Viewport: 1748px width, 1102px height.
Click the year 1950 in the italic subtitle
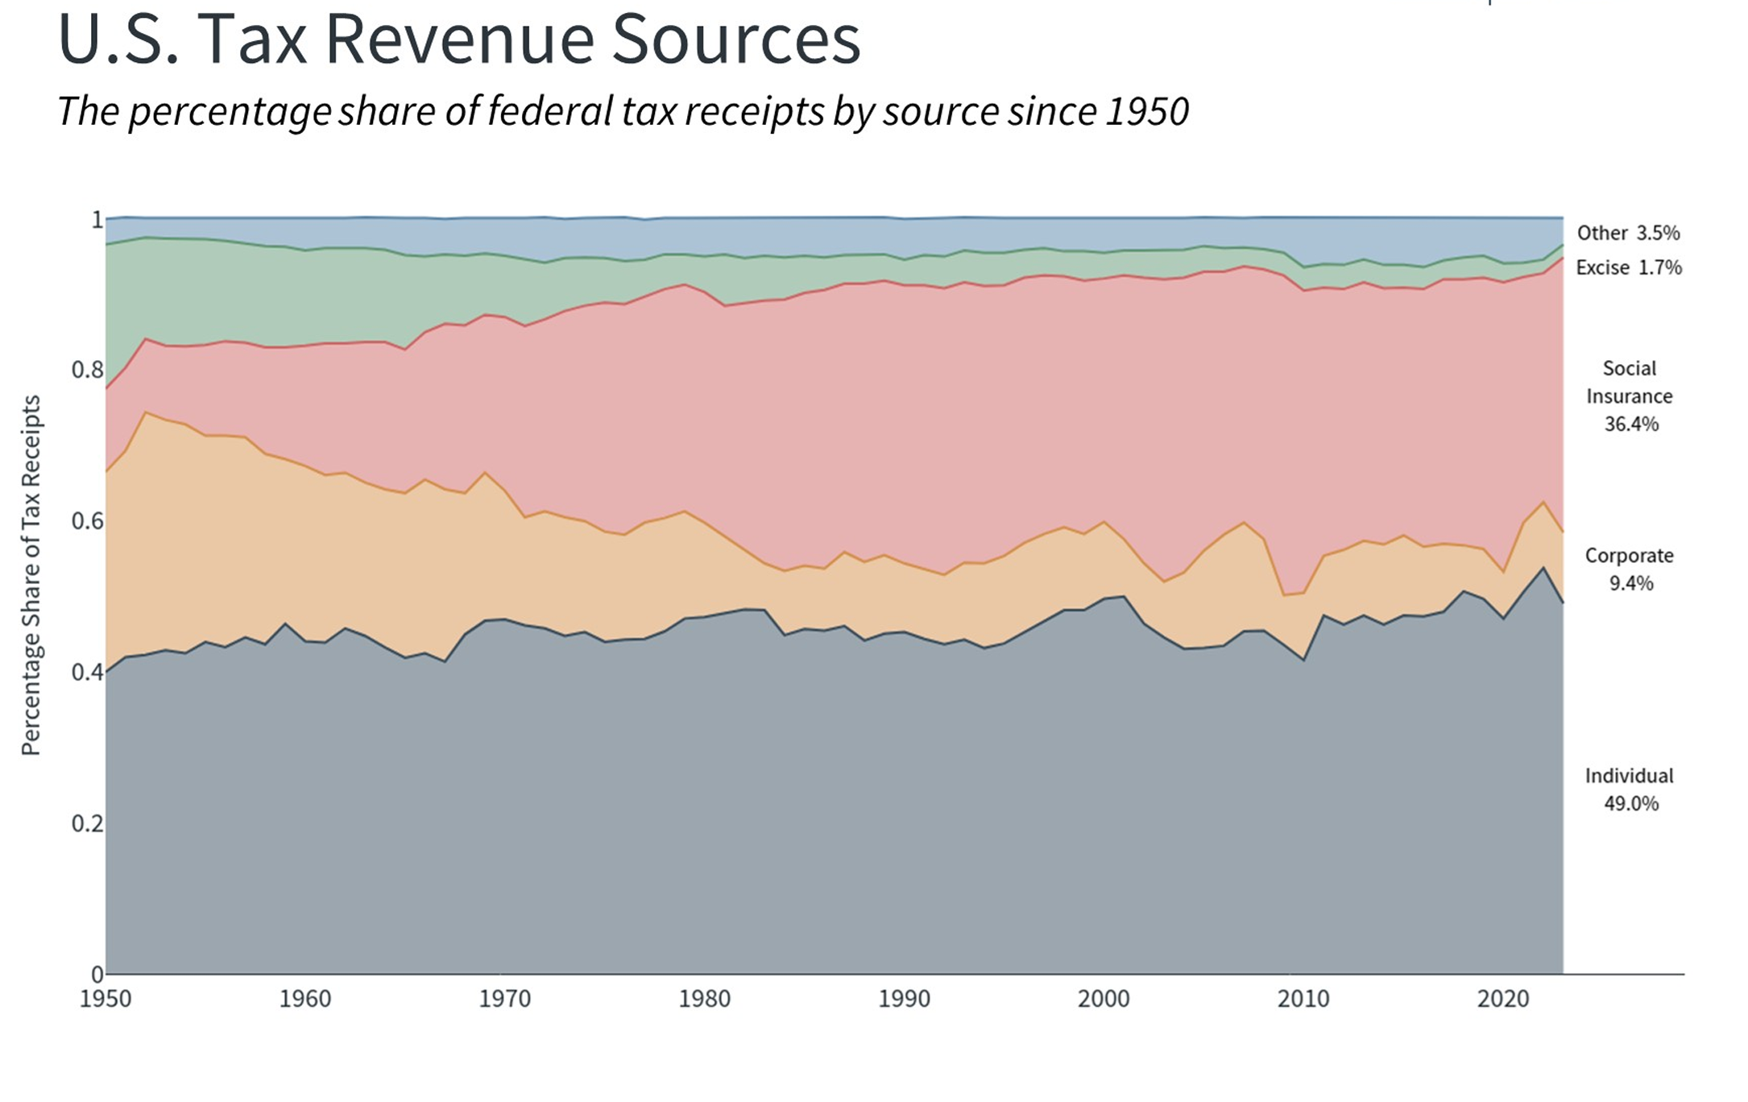[1147, 111]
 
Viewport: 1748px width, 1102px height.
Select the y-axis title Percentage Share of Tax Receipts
[31, 575]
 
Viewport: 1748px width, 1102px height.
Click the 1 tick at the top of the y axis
[97, 219]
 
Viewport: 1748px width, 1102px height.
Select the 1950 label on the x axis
[106, 999]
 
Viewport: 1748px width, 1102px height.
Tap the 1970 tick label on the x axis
[505, 999]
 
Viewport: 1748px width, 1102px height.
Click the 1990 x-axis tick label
[904, 999]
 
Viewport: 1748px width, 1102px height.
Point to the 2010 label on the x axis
[1303, 999]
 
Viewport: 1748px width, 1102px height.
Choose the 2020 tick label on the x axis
[1502, 999]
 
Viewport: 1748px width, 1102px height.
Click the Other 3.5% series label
[1628, 233]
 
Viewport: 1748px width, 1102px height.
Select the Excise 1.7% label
[1629, 267]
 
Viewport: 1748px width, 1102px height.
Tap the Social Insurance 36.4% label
[1630, 396]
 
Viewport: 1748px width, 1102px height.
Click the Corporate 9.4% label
[1630, 569]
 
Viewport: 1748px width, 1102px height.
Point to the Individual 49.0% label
[1630, 789]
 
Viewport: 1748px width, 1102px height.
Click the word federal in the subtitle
[551, 111]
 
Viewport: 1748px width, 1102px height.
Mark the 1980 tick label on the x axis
[705, 999]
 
